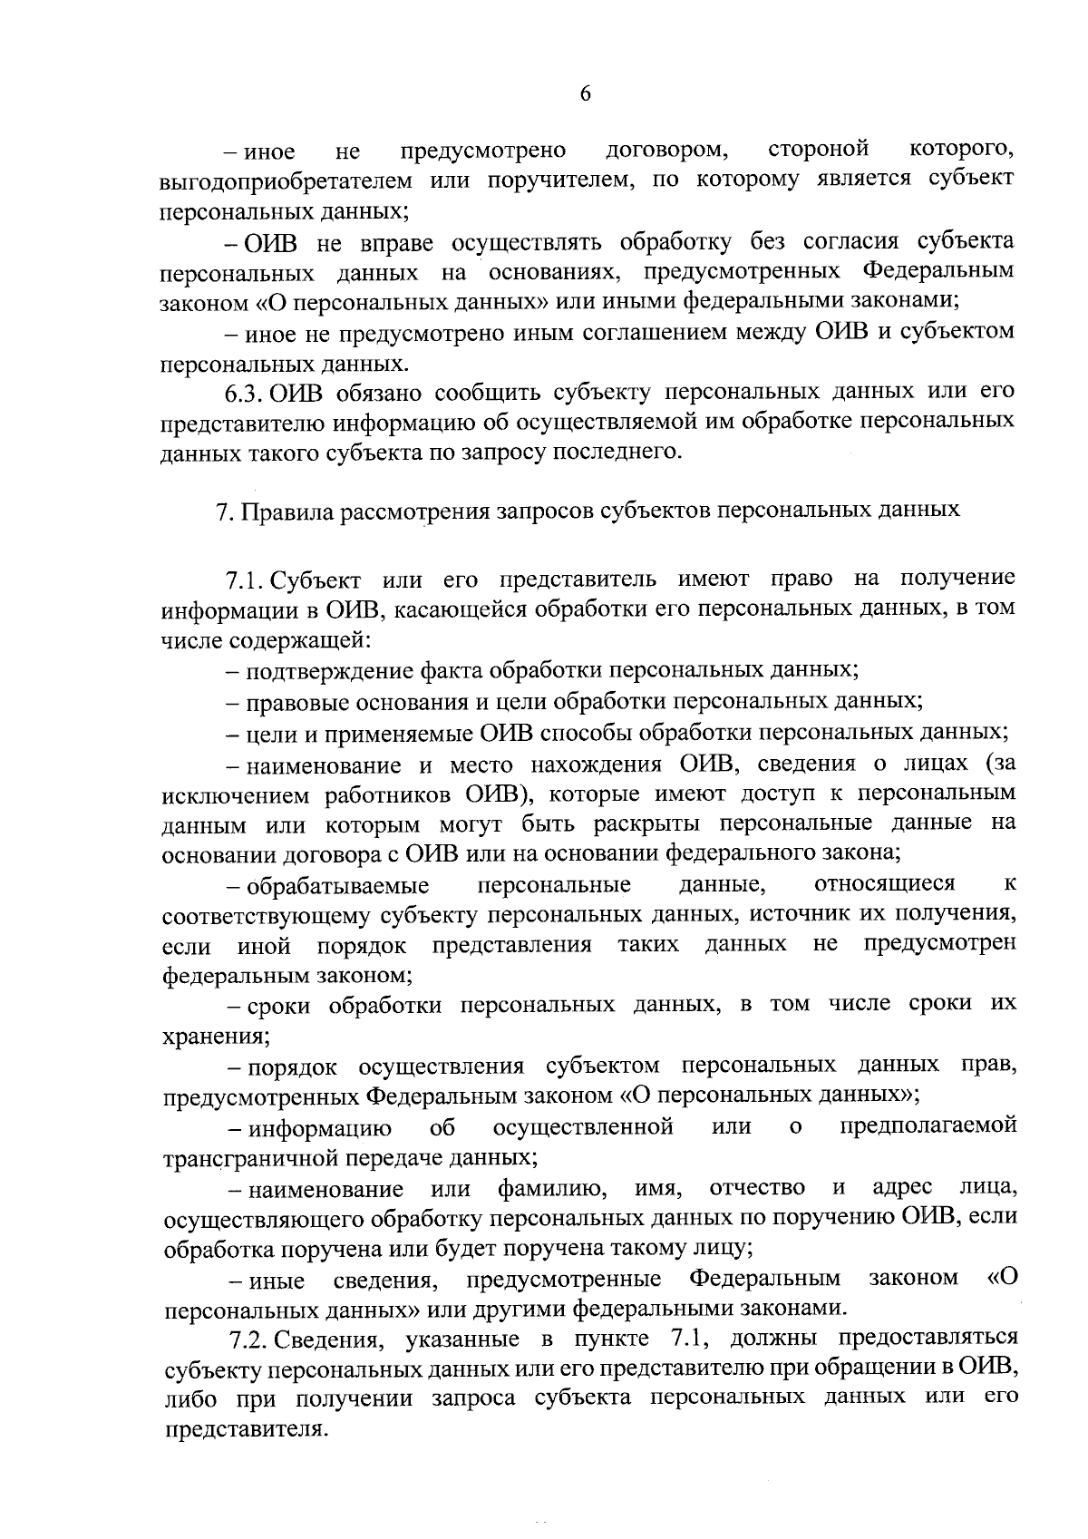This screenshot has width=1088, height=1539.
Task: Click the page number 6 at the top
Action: pyautogui.click(x=585, y=94)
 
